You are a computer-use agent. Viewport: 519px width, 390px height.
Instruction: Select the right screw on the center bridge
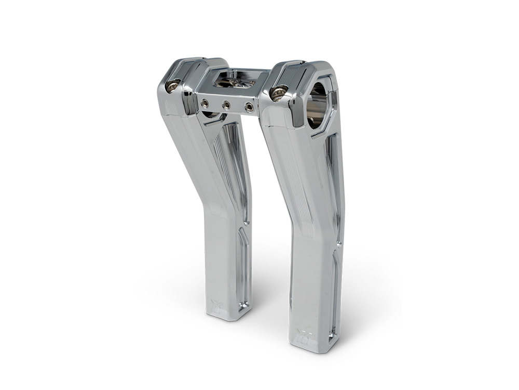coord(249,108)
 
